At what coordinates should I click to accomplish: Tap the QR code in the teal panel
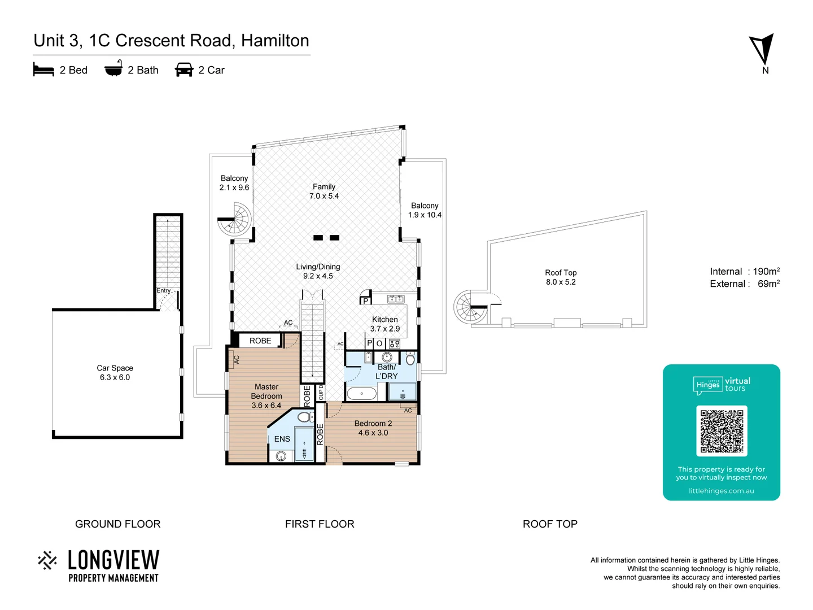[x=722, y=431]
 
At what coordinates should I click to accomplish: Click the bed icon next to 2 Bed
[x=43, y=69]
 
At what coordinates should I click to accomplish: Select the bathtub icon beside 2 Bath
[x=113, y=69]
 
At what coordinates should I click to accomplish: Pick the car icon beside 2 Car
[x=184, y=69]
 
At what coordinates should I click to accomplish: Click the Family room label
[x=324, y=191]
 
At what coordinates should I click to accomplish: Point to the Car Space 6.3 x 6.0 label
[x=115, y=373]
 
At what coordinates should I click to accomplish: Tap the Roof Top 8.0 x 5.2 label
[x=561, y=277]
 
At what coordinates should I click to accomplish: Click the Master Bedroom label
[x=266, y=396]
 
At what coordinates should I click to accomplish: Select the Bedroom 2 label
[x=373, y=428]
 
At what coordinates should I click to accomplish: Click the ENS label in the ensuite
[x=282, y=439]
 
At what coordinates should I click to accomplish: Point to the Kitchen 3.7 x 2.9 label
[x=385, y=324]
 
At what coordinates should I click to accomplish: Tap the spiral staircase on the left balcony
[x=234, y=219]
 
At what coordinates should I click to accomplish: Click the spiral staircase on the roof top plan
[x=470, y=307]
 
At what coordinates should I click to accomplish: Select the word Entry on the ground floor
[x=163, y=290]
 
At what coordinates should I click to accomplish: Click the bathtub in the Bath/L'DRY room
[x=362, y=393]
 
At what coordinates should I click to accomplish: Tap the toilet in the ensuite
[x=304, y=417]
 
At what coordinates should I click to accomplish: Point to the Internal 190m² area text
[x=744, y=272]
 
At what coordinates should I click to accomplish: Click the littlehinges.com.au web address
[x=721, y=491]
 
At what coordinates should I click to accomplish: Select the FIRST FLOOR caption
[x=320, y=524]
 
